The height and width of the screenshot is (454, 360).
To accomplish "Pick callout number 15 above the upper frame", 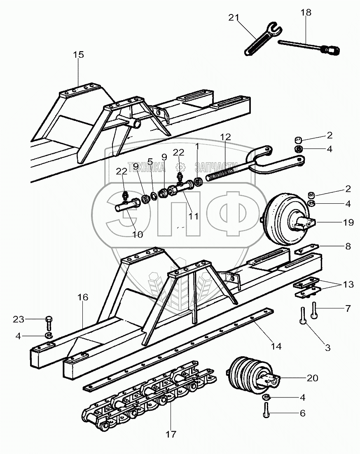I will [x=78, y=54].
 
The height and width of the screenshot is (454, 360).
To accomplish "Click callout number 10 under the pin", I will [x=137, y=234].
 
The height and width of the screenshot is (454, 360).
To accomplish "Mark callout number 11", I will [x=193, y=216].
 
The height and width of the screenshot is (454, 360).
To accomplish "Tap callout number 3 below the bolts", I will [x=327, y=348].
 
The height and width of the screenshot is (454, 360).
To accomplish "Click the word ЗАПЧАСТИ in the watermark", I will [x=210, y=166].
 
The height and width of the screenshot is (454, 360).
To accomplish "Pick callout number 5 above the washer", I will [x=150, y=161].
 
